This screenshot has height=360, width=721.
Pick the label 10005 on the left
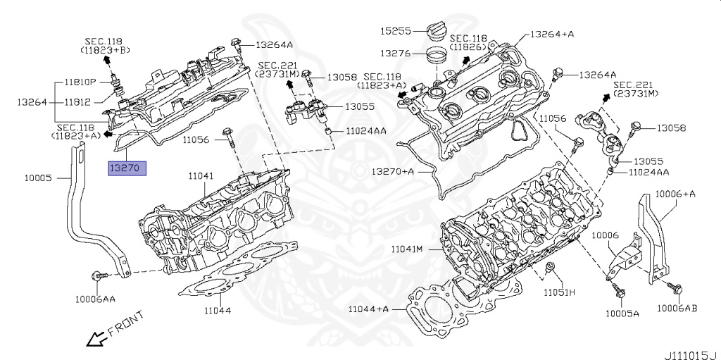37,178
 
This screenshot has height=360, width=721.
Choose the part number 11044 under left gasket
216,310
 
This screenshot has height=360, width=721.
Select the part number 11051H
559,292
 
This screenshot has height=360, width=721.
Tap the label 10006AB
677,308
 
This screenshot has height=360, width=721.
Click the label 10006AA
95,299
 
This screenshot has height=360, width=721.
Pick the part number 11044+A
369,309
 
